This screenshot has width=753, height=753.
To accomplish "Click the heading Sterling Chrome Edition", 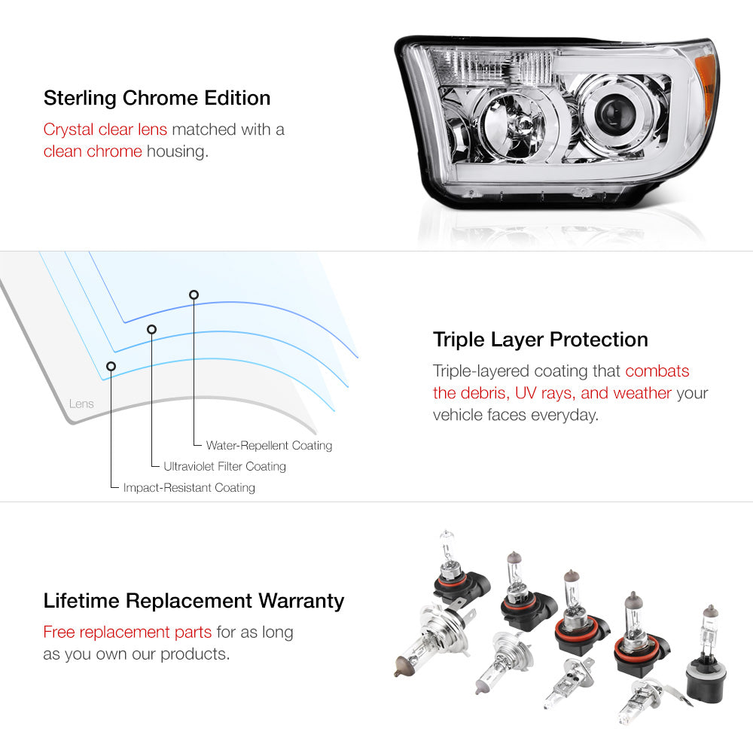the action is [x=157, y=98].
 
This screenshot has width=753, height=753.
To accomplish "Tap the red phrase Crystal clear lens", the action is [x=105, y=130].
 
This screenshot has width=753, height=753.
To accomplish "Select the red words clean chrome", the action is [x=93, y=151].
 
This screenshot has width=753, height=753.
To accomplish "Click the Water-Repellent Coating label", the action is [x=269, y=445].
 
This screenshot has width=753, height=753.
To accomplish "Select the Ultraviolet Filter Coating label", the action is [x=224, y=466].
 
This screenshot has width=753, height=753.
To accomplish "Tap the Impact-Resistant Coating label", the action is [x=189, y=487].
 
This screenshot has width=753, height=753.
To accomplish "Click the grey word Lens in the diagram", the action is [x=81, y=404].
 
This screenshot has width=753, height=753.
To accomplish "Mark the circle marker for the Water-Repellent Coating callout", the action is [x=194, y=294].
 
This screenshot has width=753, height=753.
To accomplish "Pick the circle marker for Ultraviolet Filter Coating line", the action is [x=152, y=329].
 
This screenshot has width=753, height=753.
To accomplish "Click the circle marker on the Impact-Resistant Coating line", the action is [x=111, y=367].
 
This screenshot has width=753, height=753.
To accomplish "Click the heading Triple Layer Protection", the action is [x=540, y=340].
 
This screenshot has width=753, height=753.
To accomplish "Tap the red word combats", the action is [x=657, y=370].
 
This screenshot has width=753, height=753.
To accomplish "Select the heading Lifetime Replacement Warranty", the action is [x=194, y=601].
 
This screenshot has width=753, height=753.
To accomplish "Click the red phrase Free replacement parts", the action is [x=127, y=632].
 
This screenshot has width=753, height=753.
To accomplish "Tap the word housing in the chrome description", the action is [x=177, y=152].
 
